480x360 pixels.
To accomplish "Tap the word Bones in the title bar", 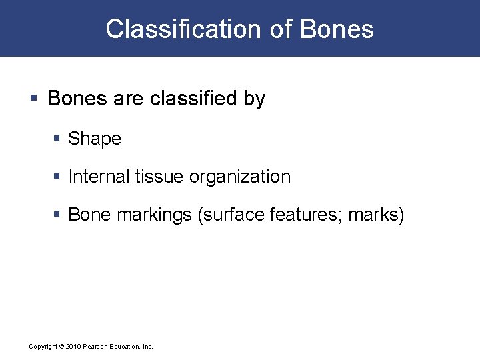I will pos(337,29).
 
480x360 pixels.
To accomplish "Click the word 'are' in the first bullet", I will pos(128,99).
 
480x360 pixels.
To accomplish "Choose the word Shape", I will pos(95,139).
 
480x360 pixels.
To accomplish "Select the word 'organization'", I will pos(240,177).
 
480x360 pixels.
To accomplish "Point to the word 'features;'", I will pos(303,215).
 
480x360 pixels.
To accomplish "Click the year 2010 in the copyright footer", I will pos(74,347).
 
